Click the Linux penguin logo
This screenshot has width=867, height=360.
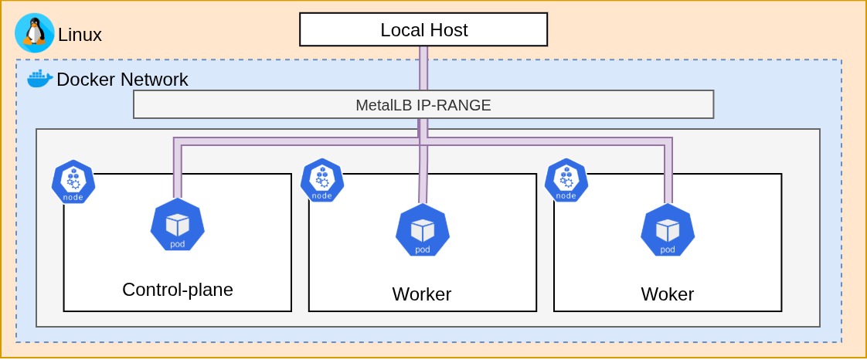pos(34,32)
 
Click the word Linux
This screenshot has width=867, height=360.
pos(80,35)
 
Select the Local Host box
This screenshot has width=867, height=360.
pos(423,30)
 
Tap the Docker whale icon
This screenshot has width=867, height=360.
pos(39,78)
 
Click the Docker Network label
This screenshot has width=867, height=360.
pos(122,80)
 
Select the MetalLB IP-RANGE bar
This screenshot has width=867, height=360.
pos(423,105)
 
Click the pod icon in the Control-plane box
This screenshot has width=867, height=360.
pos(178,225)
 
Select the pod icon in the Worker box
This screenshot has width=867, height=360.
pos(423,229)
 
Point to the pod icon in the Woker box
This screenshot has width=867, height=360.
pos(668,229)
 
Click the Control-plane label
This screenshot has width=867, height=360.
pos(178,290)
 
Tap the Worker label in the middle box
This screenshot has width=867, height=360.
pos(421,294)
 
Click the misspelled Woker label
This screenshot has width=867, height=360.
pos(667,294)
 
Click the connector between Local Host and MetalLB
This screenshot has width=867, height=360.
pos(423,68)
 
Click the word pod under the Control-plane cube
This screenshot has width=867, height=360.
pos(178,245)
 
